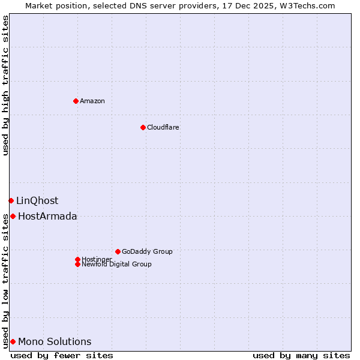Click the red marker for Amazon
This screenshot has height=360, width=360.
tap(76, 101)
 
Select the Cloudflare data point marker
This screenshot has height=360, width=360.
tap(143, 127)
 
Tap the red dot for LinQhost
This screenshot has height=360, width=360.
tap(11, 200)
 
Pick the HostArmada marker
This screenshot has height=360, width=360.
tap(13, 216)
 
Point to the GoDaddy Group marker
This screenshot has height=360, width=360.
tap(118, 251)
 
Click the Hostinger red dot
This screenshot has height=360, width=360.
tap(77, 259)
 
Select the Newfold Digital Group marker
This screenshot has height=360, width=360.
tap(77, 264)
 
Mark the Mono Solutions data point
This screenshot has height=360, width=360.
tap(13, 341)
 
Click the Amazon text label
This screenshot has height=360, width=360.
tap(92, 101)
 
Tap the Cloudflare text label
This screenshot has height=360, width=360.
tap(163, 127)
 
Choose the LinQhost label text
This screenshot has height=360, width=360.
tap(37, 200)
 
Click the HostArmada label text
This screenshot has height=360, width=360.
tap(47, 216)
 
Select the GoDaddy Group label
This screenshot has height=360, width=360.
tap(147, 251)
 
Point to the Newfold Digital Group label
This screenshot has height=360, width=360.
tap(116, 264)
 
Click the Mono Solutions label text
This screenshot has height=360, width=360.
tap(55, 341)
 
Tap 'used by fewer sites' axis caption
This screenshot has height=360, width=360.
tap(62, 355)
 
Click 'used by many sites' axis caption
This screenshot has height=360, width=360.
tap(301, 355)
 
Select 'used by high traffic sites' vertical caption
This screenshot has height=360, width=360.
tap(5, 85)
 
